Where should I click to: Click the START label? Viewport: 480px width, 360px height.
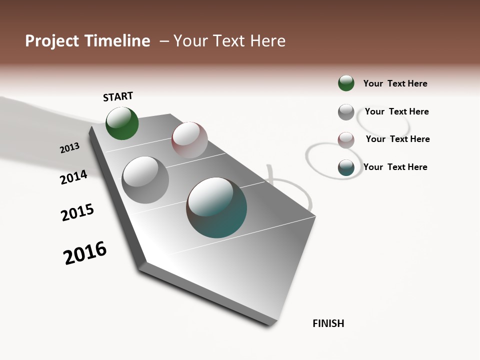point(118,96)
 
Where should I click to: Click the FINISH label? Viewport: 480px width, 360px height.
point(328,323)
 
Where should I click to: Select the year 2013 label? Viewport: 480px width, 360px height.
point(69,147)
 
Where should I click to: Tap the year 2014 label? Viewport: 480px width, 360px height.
point(73,177)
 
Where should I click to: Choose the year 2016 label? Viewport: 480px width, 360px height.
point(85,253)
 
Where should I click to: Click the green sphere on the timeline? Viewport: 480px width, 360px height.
point(122,123)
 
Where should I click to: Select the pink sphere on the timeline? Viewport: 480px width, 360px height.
point(189,139)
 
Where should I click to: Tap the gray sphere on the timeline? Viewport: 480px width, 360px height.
point(145,180)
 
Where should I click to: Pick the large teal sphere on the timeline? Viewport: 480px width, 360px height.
point(216,207)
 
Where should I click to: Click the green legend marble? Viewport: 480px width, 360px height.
point(346,83)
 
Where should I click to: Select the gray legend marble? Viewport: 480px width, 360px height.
point(346,112)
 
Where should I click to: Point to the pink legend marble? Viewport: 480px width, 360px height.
point(346,140)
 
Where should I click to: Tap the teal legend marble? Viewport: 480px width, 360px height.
point(346,167)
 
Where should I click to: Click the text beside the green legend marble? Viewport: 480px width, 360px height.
point(395,83)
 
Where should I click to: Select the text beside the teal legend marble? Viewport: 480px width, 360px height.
point(395,167)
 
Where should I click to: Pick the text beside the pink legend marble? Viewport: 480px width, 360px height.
point(397,139)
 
